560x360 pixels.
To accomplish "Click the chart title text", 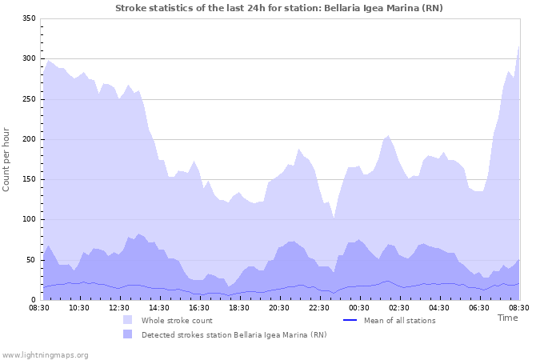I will coord(278,8).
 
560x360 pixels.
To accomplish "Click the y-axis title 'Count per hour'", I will coord(7,159).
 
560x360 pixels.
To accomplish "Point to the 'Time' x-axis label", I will coord(507,318).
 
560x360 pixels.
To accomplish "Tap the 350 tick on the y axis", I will coord(28,18).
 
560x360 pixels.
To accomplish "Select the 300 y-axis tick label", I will coord(28,58).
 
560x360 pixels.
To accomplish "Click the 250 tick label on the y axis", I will coord(28,99).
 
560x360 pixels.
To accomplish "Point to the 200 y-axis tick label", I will coord(28,139).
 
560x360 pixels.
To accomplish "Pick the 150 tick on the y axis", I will coord(28,179).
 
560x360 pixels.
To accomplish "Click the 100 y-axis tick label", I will coord(28,219).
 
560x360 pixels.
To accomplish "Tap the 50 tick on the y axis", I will coord(30,260).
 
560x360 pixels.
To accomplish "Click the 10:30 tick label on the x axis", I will coord(79,307).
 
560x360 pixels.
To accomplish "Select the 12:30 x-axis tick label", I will coord(119,307).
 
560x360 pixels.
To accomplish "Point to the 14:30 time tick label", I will coord(159,307).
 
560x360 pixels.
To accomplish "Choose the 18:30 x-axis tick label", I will coord(239,307).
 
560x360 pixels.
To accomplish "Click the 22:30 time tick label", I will coord(319,307).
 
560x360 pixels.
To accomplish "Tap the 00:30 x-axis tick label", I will coord(359,307).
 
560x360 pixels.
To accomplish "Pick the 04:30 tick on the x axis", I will coord(439,307).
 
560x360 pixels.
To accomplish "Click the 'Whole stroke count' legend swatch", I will coord(128,320).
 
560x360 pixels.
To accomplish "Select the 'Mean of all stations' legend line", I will coord(350,320).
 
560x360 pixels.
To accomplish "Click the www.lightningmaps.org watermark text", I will coord(45,354).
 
